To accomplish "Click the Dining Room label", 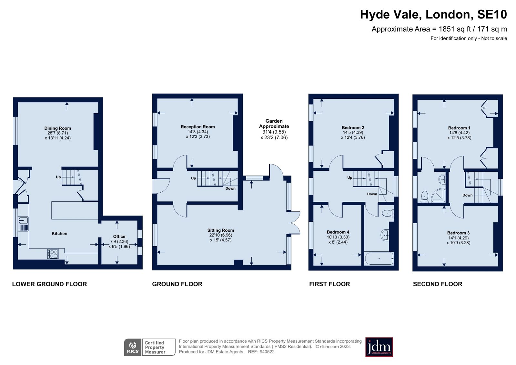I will click(x=57, y=128).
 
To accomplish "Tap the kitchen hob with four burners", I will click(x=53, y=254).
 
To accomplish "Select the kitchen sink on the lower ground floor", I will click(x=23, y=221).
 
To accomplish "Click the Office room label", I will click(x=119, y=236).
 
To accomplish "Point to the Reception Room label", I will click(x=197, y=127).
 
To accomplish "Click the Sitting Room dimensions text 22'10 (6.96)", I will click(x=220, y=235).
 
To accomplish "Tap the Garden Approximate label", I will click(x=274, y=124).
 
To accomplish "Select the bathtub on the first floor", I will click(x=379, y=259).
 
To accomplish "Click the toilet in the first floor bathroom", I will click(x=387, y=213).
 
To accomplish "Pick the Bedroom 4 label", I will click(x=338, y=232).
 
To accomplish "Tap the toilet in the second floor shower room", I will click(x=425, y=196).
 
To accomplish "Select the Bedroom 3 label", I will click(x=458, y=233).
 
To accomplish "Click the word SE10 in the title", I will click(x=492, y=15).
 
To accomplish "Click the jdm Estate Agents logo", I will click(x=379, y=347).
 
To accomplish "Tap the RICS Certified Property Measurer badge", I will click(x=149, y=347).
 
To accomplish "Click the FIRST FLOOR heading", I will click(x=329, y=284).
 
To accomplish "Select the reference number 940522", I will click(x=267, y=352).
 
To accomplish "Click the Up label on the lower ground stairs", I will click(x=58, y=177).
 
